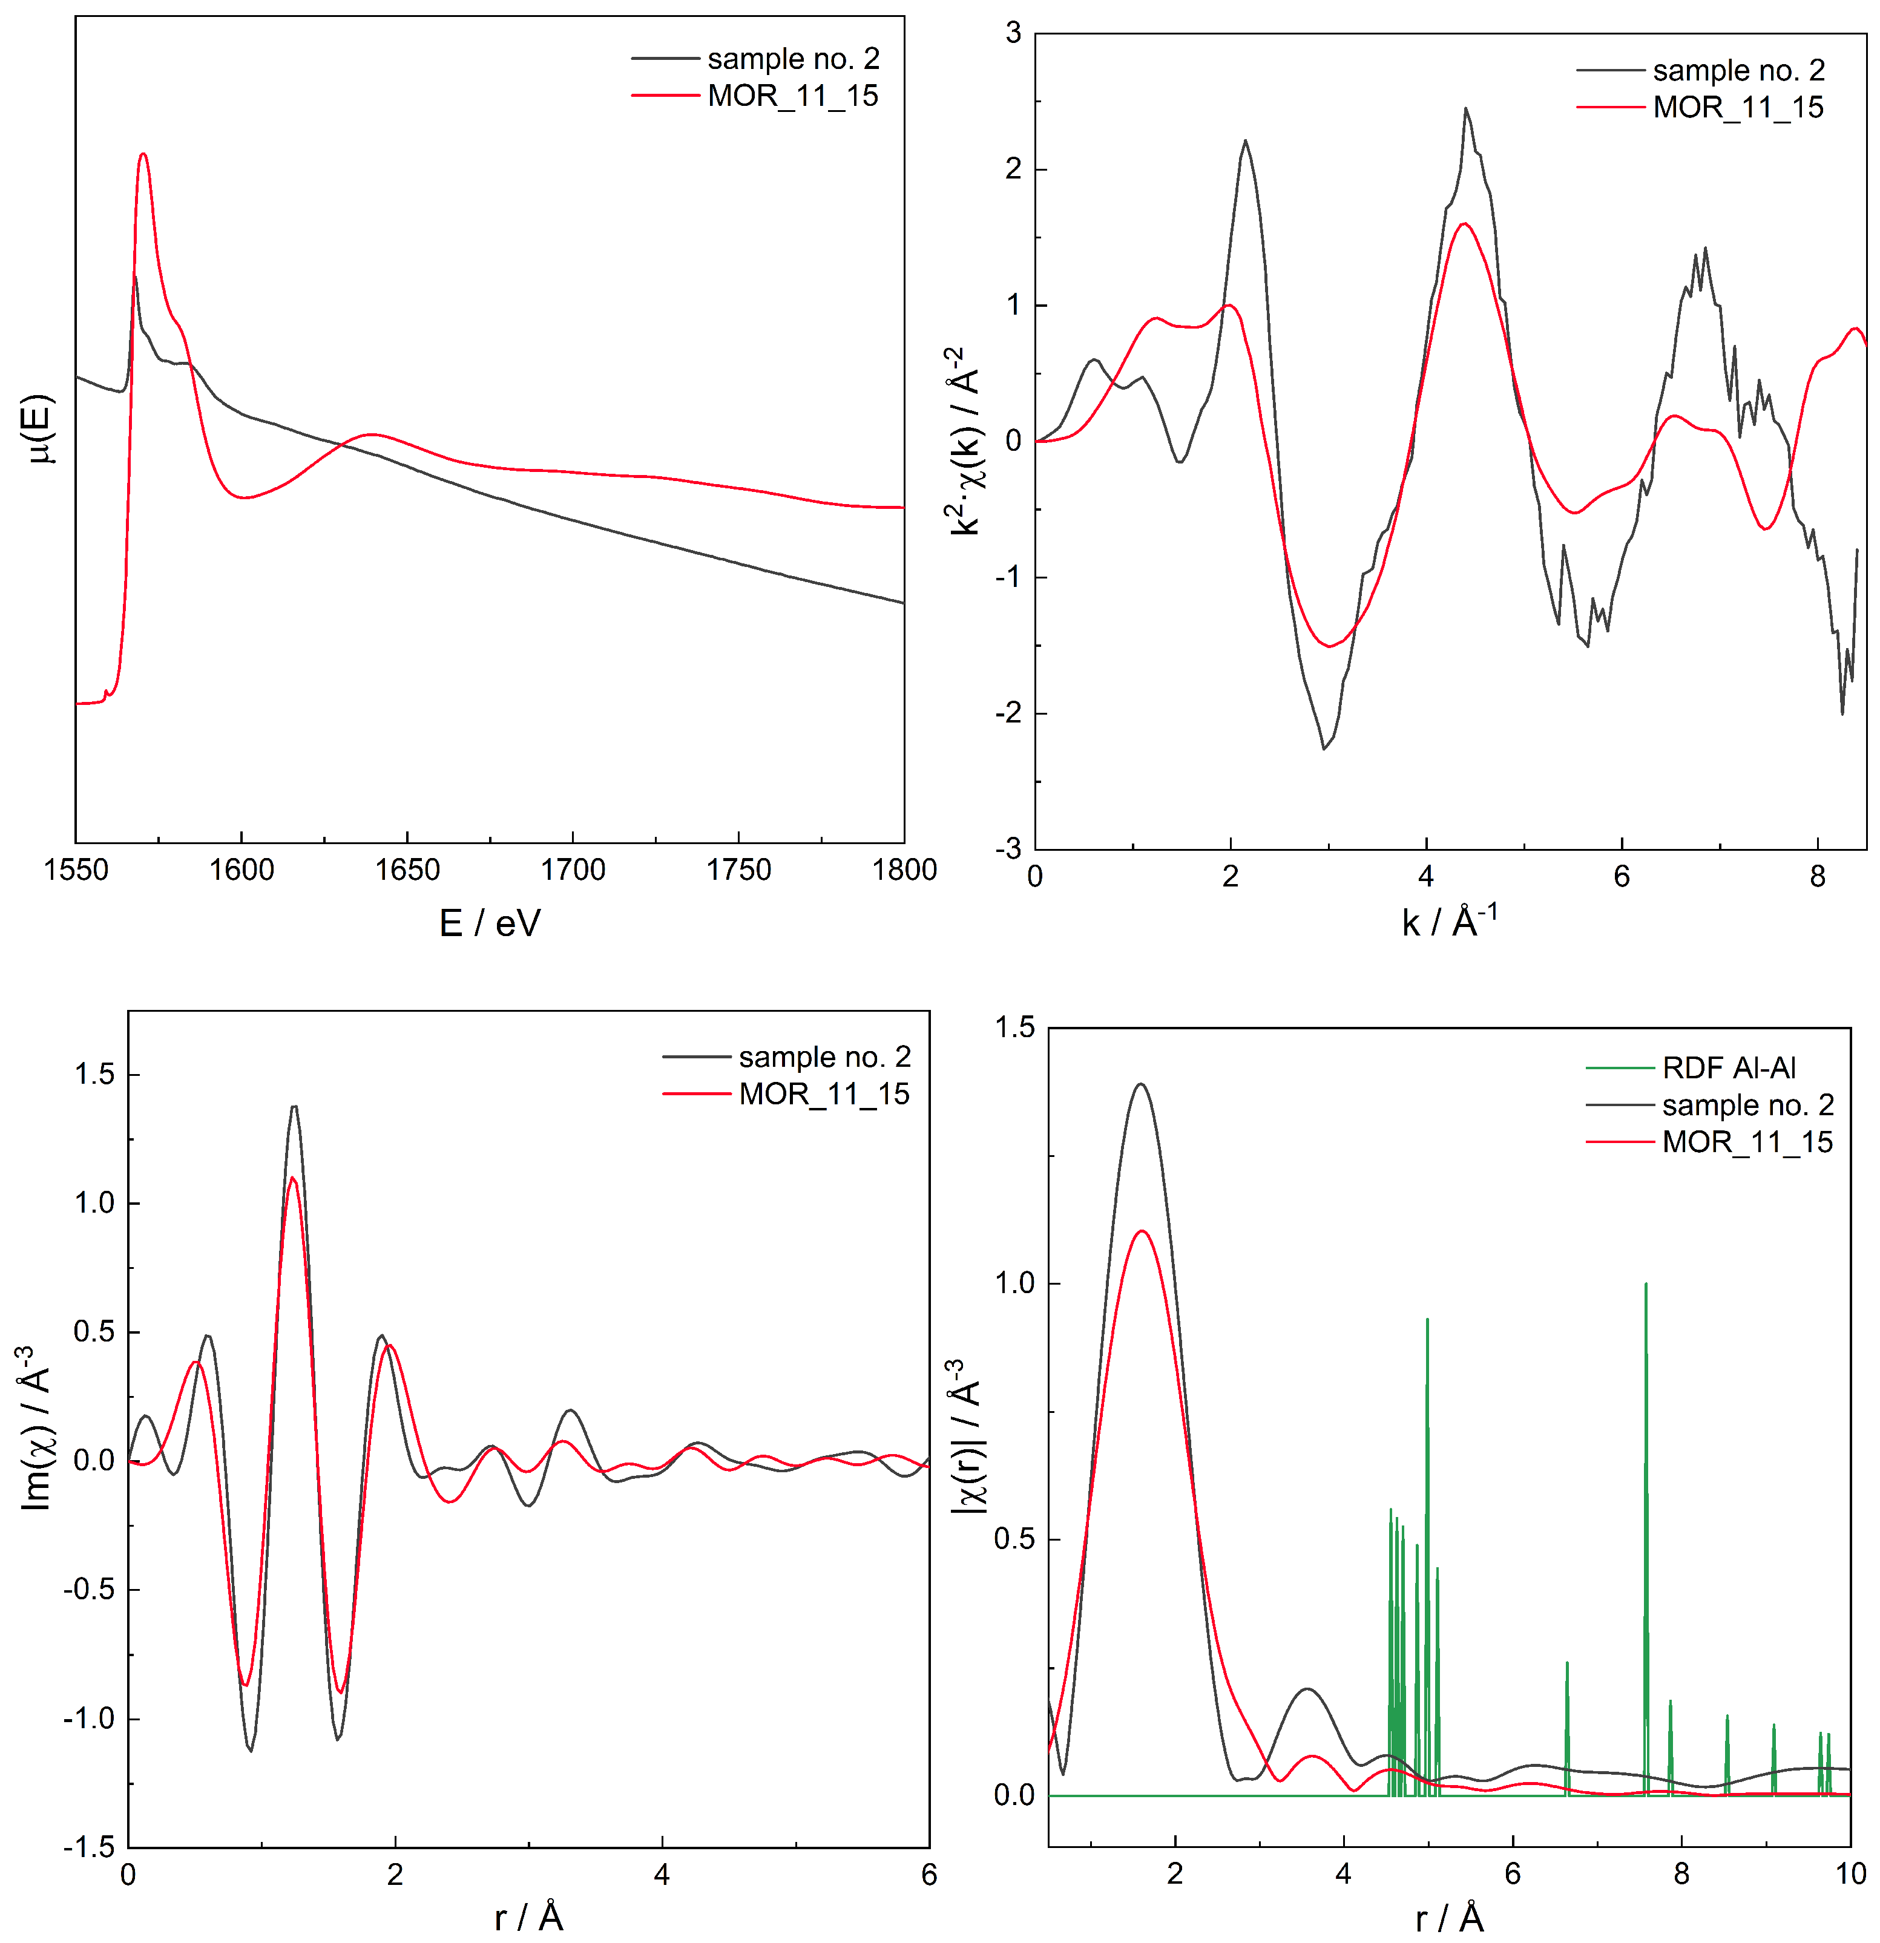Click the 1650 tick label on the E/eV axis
coord(407,870)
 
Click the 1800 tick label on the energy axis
coord(903,870)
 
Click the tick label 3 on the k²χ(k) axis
coord(1013,34)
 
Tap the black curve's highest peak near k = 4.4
coord(1465,109)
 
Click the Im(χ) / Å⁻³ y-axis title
coord(36,1429)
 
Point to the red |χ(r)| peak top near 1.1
coord(1142,1231)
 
